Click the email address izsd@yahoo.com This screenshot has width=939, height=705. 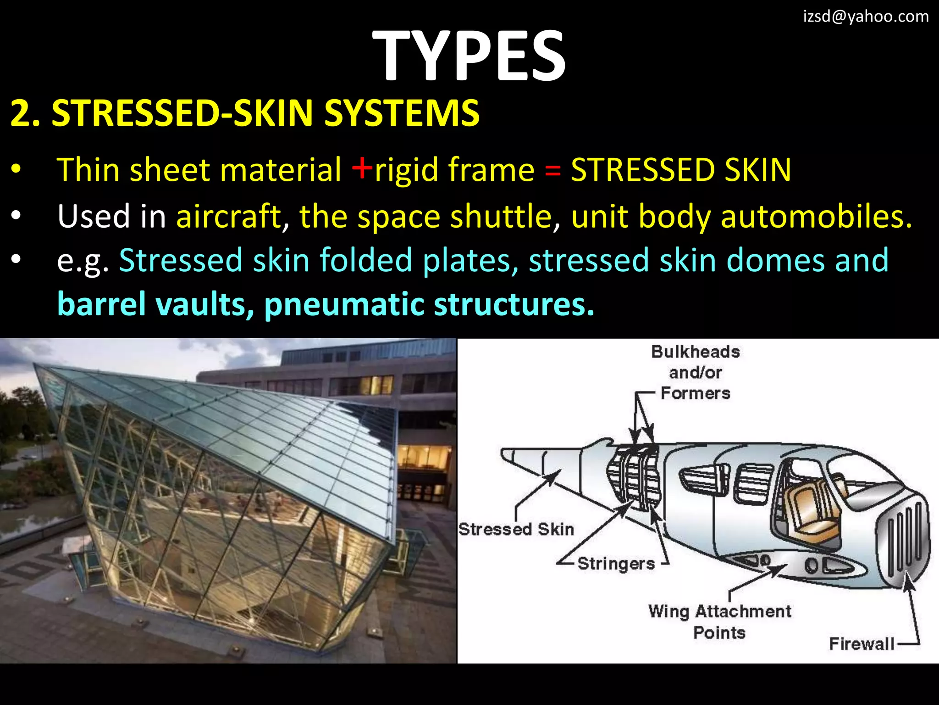click(x=866, y=17)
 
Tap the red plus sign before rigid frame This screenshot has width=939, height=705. click(x=362, y=168)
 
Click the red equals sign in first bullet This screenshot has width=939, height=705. click(x=552, y=170)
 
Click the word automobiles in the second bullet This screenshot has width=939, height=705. click(x=816, y=216)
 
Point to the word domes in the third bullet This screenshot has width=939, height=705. click(x=775, y=260)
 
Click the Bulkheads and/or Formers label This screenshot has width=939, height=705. click(x=695, y=372)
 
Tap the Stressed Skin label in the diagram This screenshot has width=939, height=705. click(x=516, y=529)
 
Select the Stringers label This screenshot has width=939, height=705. click(x=616, y=564)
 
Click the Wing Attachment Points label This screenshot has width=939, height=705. click(x=719, y=622)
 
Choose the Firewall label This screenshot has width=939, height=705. click(x=861, y=644)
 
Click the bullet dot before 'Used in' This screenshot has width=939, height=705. click(x=16, y=216)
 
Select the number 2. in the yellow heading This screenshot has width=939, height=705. click(x=25, y=113)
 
